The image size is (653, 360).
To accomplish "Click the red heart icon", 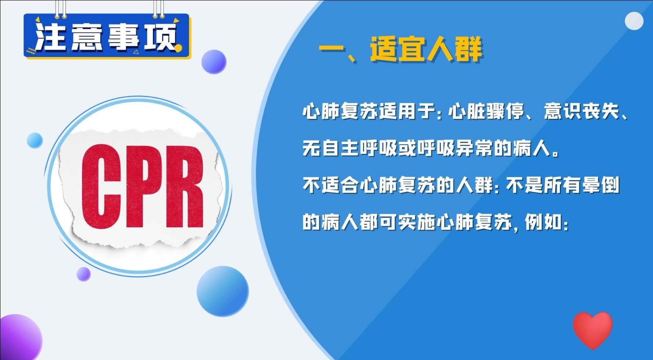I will click(x=592, y=329).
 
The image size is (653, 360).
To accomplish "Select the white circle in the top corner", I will click(x=634, y=21).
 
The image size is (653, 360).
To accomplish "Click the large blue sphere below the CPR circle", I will click(x=222, y=291).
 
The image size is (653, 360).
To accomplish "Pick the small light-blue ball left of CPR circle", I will click(x=35, y=141).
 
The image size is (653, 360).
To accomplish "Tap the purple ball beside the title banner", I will click(x=214, y=62).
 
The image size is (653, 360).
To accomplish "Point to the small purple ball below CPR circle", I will click(x=84, y=274).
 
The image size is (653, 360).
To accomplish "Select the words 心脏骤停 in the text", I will click(x=486, y=112).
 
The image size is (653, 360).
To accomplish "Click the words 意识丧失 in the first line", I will click(x=581, y=112).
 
